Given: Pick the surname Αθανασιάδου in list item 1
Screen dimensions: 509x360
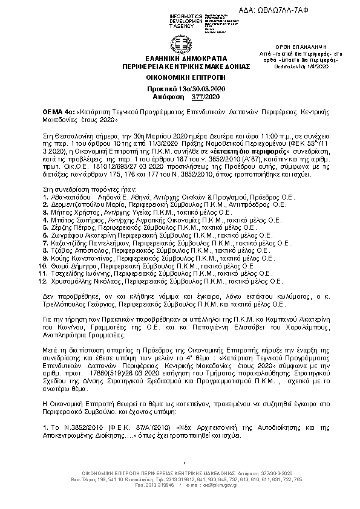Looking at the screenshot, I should tap(66, 197).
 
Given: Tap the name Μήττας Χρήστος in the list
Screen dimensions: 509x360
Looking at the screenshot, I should tap(68, 214).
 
